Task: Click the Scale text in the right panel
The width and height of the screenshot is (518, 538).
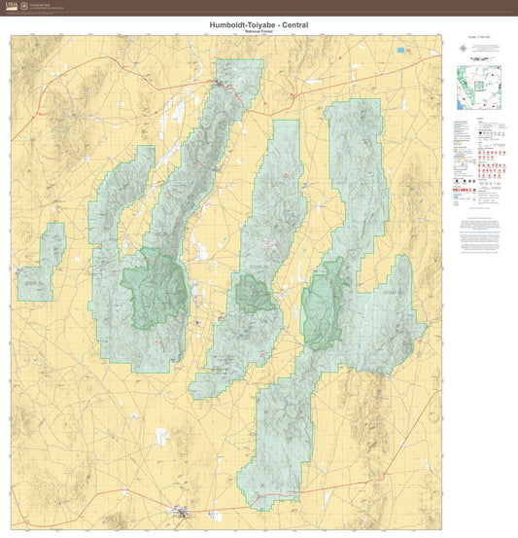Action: click(x=479, y=51)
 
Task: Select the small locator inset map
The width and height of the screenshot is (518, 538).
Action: click(x=479, y=87)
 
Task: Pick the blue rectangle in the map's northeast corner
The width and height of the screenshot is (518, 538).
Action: click(x=401, y=50)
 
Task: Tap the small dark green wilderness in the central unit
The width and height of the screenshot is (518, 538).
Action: click(x=258, y=292)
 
